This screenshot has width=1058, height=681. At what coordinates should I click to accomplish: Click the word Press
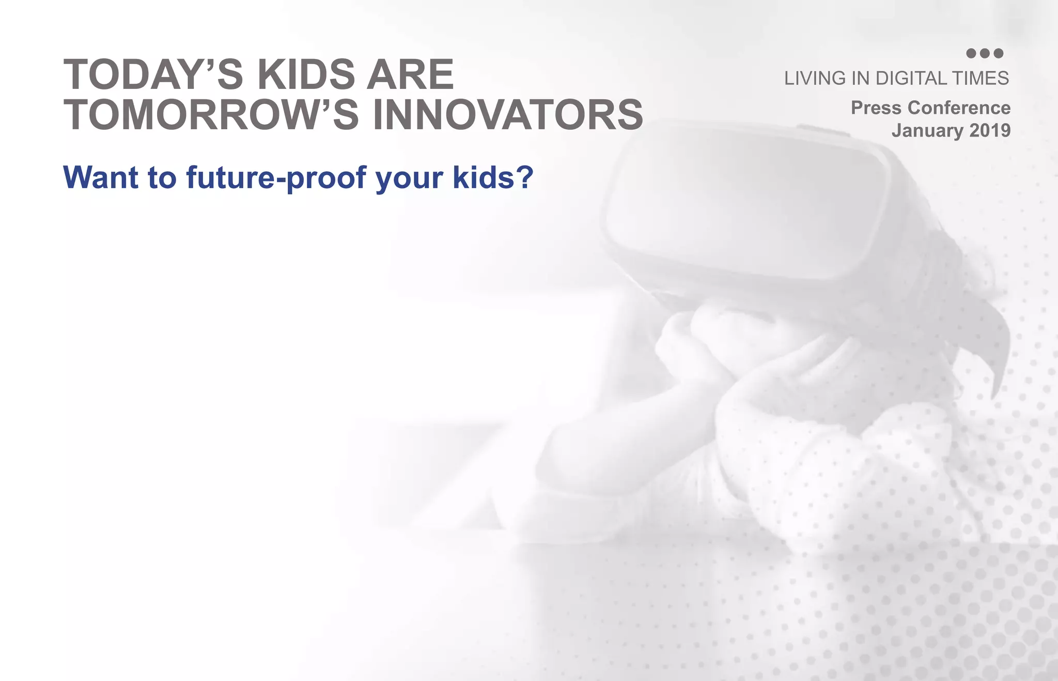click(876, 108)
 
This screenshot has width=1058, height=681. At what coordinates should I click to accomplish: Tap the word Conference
click(959, 108)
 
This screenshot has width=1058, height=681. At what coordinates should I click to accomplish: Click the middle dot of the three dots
click(985, 53)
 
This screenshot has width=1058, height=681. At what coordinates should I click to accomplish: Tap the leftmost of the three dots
click(971, 53)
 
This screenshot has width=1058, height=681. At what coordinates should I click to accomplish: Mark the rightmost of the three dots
click(998, 53)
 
